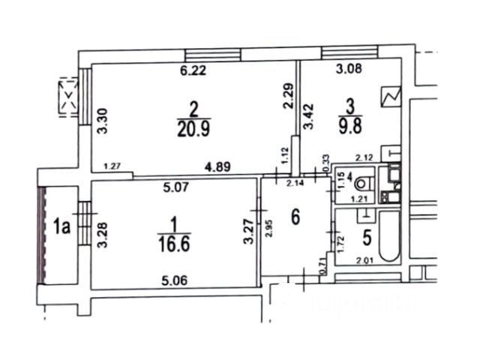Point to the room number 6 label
(296, 217)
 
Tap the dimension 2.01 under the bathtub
(363, 261)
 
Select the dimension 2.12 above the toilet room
(364, 157)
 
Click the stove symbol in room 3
(392, 97)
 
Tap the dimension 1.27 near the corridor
(112, 166)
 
